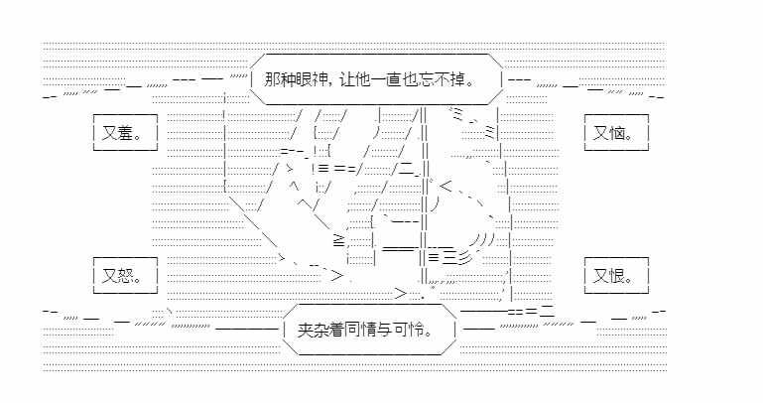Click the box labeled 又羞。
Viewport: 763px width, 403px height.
point(123,132)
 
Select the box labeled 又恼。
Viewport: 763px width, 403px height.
point(616,132)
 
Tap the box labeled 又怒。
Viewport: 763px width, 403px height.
point(123,274)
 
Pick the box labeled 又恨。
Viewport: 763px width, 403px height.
point(616,274)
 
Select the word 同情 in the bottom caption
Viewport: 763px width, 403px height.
point(369,331)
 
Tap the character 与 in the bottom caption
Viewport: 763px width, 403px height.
point(394,331)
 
